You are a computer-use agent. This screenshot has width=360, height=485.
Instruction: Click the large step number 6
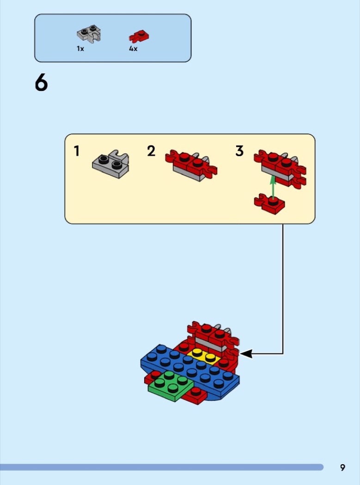(x=41, y=83)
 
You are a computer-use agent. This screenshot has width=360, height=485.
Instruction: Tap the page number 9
(x=342, y=467)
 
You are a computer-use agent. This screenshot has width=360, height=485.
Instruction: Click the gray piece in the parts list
(x=89, y=34)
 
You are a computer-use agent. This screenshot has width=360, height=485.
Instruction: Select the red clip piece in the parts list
(x=139, y=36)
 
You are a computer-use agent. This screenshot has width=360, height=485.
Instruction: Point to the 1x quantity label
(x=80, y=48)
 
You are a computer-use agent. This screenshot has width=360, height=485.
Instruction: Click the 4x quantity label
(x=133, y=48)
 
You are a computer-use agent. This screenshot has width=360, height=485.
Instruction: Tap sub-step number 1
(x=76, y=151)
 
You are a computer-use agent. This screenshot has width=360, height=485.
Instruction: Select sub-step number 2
(x=151, y=151)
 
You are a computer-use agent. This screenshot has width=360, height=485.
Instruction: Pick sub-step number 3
(x=239, y=151)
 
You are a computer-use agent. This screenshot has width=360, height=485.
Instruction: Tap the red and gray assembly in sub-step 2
(x=191, y=165)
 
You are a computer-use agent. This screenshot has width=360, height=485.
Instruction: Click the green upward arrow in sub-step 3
(x=273, y=187)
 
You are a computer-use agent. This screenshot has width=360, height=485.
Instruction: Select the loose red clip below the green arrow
(x=269, y=204)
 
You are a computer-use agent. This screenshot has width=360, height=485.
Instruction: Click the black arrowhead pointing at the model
(x=246, y=353)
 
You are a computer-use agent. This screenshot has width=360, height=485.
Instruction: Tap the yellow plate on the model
(x=204, y=356)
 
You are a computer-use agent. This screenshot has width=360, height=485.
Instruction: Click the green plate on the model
(x=171, y=386)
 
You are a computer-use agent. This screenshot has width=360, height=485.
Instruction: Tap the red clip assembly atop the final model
(x=214, y=337)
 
